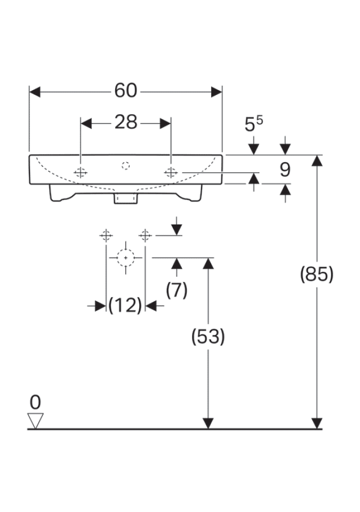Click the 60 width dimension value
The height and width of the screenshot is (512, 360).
tap(125, 91)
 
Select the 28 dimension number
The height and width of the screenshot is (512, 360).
tap(126, 123)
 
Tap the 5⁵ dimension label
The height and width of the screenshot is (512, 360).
tap(253, 125)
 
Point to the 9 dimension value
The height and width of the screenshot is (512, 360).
tap(285, 170)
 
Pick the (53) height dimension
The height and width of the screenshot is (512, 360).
tap(208, 336)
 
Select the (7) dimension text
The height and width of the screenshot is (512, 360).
tap(177, 290)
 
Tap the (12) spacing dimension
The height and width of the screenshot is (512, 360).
tap(125, 306)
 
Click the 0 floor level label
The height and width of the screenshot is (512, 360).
tap(36, 402)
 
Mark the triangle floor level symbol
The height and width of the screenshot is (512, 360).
tap(36, 420)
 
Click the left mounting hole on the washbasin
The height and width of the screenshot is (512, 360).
tap(81, 172)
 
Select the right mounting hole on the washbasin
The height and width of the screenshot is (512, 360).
tap(171, 172)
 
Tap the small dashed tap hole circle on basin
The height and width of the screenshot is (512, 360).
tap(126, 165)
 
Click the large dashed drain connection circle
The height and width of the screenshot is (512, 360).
tap(126, 257)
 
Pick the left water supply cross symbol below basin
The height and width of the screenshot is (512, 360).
tap(106, 235)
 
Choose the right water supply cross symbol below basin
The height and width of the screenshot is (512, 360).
tap(145, 235)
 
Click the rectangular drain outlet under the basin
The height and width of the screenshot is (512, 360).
tap(126, 198)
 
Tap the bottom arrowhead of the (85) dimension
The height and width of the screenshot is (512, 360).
tap(317, 423)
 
